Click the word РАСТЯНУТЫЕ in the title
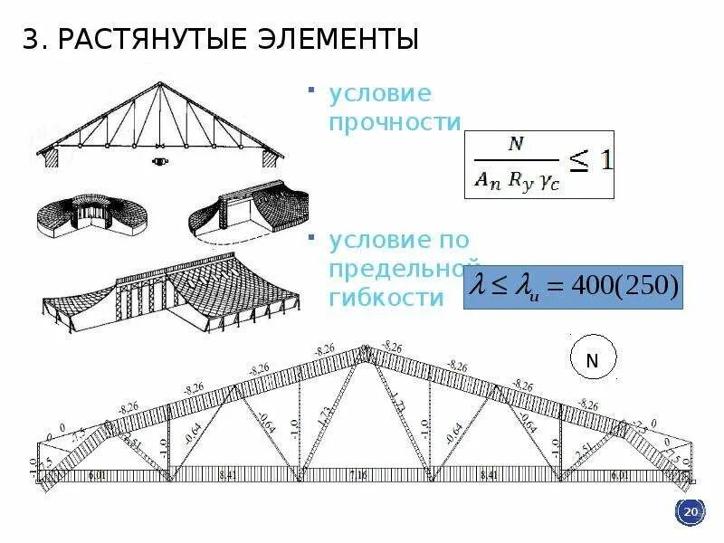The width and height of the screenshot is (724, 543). pos(157,40)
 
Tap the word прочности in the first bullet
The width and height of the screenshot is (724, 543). pos(396,122)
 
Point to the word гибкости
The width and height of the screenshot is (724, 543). pos(387,298)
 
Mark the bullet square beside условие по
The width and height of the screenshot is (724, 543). pos(310,236)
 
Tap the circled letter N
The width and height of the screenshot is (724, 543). pos(593,360)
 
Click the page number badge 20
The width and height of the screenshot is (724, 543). pos(691,513)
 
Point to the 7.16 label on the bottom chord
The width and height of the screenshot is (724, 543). pos(358,474)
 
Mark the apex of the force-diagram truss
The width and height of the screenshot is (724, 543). pos(367,346)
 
